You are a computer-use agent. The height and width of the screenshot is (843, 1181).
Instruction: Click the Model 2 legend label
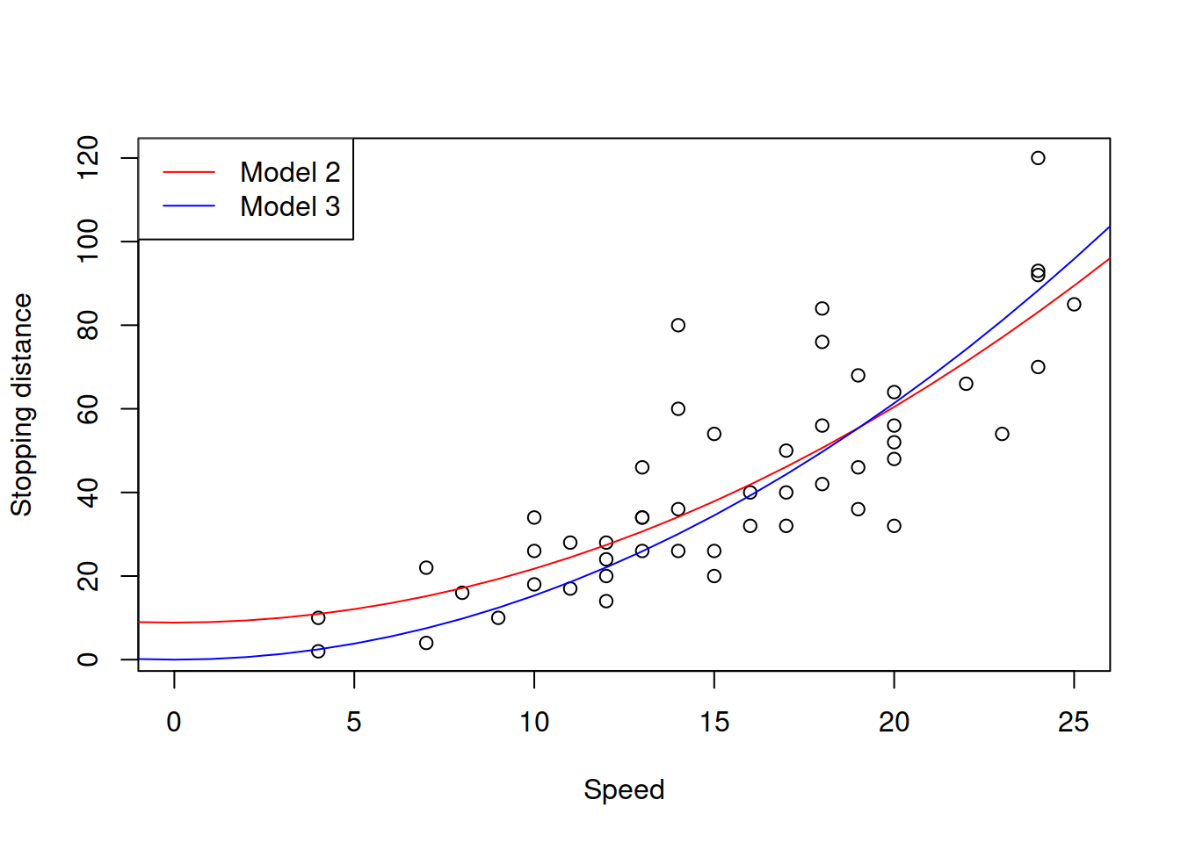click(290, 172)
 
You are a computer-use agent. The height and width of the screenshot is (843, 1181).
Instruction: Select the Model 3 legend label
click(290, 206)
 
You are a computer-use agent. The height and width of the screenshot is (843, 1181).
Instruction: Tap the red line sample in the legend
click(189, 172)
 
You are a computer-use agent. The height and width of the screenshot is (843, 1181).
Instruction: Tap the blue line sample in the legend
click(189, 206)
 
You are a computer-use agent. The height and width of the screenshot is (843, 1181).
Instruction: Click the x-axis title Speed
click(624, 789)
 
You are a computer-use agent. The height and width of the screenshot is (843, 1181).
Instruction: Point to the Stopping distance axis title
click(21, 405)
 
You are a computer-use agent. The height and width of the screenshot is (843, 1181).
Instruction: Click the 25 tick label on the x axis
click(1074, 722)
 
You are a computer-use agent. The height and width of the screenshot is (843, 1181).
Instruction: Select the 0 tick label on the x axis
click(174, 722)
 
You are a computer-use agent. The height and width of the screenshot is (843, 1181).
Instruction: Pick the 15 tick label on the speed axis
click(714, 722)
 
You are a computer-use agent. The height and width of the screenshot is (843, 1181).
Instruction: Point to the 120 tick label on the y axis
click(88, 158)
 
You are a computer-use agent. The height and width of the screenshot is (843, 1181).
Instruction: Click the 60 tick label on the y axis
click(88, 409)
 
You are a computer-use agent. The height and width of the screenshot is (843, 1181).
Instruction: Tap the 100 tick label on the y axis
click(88, 241)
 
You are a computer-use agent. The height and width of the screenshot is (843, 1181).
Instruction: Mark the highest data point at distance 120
click(1038, 158)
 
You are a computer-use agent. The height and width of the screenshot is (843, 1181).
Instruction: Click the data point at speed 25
click(1074, 305)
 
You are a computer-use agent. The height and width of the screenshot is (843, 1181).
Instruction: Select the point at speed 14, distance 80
click(678, 325)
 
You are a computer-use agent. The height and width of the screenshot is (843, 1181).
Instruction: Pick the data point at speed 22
click(966, 384)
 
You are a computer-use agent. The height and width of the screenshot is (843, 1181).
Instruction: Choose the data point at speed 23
click(1002, 434)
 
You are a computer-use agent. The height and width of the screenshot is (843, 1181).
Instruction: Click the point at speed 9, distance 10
click(498, 618)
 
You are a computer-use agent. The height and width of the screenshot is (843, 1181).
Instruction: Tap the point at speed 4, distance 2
click(318, 652)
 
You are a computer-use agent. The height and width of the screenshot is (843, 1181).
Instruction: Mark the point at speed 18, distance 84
click(822, 308)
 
